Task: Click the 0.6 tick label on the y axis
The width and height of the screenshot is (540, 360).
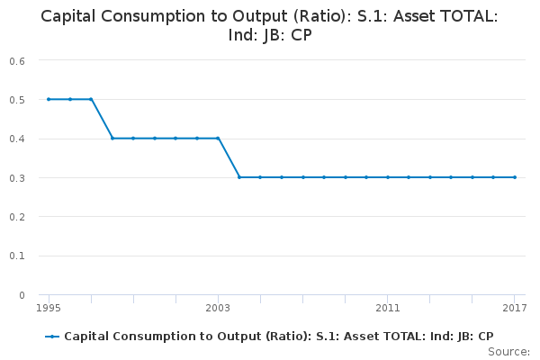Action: [18, 60]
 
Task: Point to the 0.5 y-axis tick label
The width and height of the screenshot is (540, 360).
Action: [18, 100]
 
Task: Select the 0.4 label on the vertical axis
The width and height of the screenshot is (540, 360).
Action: [18, 139]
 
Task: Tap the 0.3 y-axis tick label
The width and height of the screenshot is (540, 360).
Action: [18, 178]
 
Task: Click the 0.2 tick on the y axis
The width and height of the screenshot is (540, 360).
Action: [18, 217]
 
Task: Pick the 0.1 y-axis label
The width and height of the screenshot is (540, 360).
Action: [18, 256]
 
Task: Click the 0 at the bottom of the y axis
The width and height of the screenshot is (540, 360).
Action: [22, 295]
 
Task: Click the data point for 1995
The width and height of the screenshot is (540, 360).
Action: [49, 99]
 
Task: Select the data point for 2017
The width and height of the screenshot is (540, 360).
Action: [515, 177]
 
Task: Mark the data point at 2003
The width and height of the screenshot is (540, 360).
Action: [218, 139]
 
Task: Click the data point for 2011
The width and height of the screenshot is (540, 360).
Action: [388, 177]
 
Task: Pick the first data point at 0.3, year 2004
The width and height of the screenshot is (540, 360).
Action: [239, 177]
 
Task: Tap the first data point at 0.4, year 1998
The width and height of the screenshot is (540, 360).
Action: [112, 139]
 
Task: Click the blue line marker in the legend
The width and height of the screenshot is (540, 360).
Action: [52, 337]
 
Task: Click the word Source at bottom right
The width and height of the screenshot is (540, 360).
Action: [508, 351]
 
